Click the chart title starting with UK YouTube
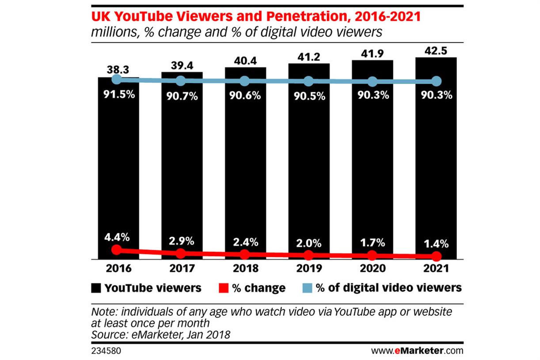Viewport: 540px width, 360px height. [x=256, y=17]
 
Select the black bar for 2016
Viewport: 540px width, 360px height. [x=118, y=168]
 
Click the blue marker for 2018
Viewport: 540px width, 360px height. [x=244, y=81]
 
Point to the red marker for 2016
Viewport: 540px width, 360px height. [x=117, y=250]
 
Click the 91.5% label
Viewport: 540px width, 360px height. [x=117, y=95]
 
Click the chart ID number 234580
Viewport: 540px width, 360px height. [x=106, y=351]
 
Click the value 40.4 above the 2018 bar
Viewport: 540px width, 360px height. [x=245, y=59]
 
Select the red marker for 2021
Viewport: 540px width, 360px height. [x=436, y=256]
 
